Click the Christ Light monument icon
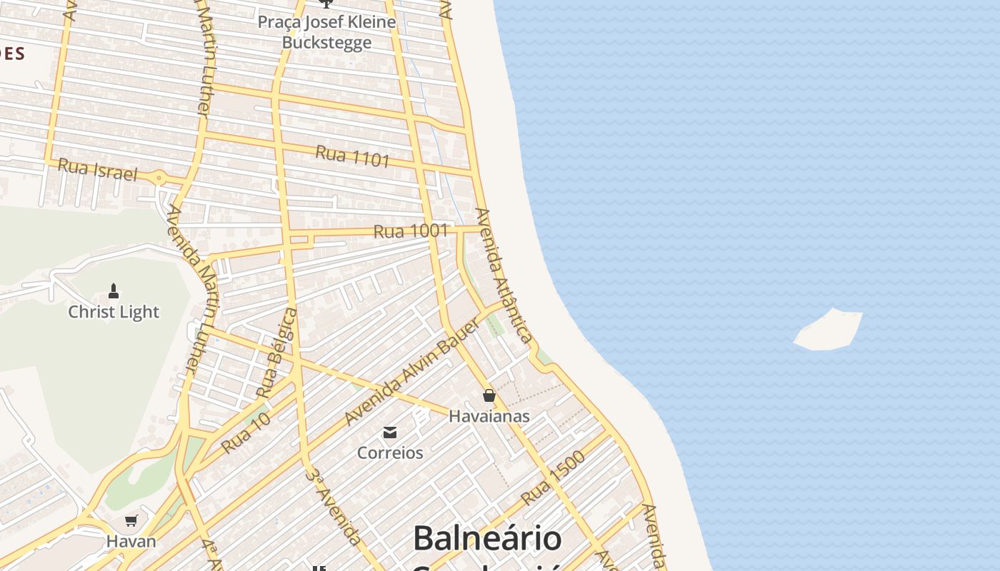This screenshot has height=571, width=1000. point(114,290)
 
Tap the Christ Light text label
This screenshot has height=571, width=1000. point(114,312)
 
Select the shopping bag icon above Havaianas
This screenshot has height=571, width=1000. point(489,395)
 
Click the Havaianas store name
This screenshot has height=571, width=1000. point(489,416)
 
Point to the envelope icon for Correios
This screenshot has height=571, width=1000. point(390,433)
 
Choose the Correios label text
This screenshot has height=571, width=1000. point(390,453)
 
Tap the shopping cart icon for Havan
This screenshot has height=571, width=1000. point(131,521)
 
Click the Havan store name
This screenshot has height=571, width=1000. point(131,541)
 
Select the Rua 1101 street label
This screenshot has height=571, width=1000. point(352,156)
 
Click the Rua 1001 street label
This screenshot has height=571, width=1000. point(411,231)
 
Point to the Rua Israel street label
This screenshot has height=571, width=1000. point(96,170)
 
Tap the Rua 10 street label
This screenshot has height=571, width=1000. point(246,433)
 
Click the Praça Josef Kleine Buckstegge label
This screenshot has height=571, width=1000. point(326,32)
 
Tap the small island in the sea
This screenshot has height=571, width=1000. point(829,330)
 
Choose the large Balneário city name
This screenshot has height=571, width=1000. point(487,537)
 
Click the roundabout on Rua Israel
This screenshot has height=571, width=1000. point(159,177)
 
